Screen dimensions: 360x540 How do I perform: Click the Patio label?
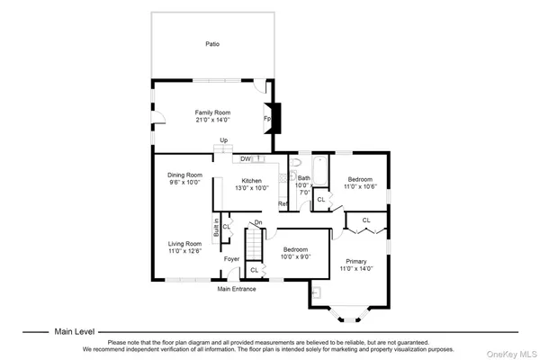coord(211,43)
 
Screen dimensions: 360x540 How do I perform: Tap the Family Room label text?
coord(212,112)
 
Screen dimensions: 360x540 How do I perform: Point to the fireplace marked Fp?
coord(270,118)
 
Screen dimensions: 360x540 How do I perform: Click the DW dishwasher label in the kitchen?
coord(245,158)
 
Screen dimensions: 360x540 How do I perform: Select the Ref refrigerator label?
coord(282,204)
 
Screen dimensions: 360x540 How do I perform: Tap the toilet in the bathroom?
coord(294,165)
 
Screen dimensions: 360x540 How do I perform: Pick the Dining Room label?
coord(185,175)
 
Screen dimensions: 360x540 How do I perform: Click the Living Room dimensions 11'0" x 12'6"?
coord(185,251)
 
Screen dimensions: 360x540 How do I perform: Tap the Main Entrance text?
coord(237,289)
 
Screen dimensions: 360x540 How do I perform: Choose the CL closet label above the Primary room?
coord(366,220)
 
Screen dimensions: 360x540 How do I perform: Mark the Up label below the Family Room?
coord(224,139)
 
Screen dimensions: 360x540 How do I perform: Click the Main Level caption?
coord(74,330)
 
